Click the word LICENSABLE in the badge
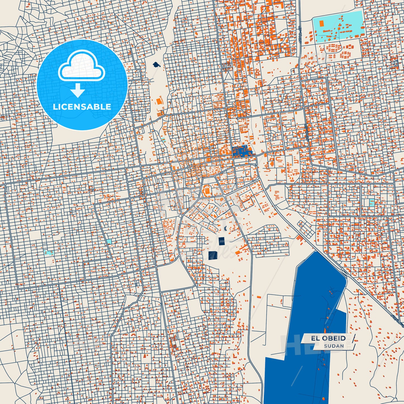[x=82, y=107]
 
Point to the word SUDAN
[x=334, y=346]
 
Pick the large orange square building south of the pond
[x=159, y=101]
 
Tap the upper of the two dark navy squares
[x=221, y=241]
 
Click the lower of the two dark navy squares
[x=213, y=255]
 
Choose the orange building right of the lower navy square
[x=238, y=252]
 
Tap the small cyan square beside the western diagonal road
[x=109, y=241]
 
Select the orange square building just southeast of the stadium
[x=221, y=199]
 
